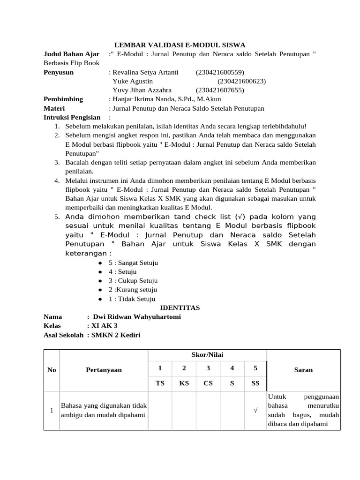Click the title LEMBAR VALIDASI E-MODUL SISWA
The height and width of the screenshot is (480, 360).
(180, 45)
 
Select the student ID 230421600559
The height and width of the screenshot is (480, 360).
(220, 72)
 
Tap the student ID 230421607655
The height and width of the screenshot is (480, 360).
(220, 90)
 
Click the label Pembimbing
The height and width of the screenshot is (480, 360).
(63, 99)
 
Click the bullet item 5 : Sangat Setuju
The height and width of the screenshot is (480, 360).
(133, 263)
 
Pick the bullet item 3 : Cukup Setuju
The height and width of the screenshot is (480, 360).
(133, 281)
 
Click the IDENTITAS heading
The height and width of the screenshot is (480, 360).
(180, 308)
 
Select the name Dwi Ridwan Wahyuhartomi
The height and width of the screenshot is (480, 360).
(137, 317)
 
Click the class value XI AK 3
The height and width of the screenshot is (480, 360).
(105, 326)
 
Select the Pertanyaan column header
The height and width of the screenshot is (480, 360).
(104, 370)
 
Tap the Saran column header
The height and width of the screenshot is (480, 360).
(303, 370)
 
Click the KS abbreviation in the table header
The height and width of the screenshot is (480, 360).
(184, 383)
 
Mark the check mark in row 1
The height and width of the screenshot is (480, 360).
(255, 411)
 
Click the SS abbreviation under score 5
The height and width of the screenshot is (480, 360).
(255, 383)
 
